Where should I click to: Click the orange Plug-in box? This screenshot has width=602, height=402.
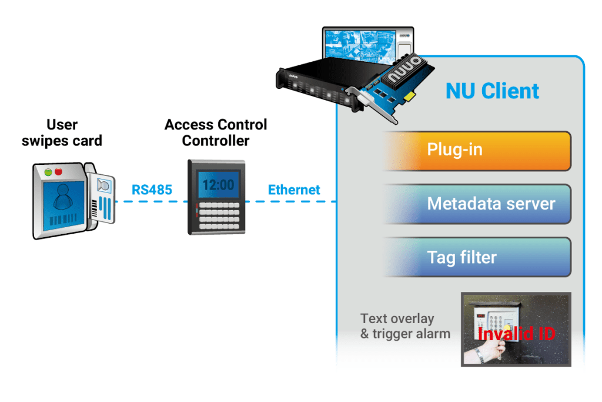pyautogui.click(x=476, y=151)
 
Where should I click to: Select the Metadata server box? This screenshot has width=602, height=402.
pyautogui.click(x=476, y=204)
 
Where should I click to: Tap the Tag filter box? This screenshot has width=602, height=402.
pyautogui.click(x=476, y=257)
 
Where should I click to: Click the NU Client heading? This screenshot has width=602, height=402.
pyautogui.click(x=492, y=91)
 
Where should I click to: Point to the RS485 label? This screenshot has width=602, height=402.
pyautogui.click(x=152, y=190)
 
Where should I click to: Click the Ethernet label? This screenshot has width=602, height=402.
pyautogui.click(x=294, y=190)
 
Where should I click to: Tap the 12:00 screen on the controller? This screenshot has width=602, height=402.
pyautogui.click(x=218, y=185)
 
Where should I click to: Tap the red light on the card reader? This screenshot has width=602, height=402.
pyautogui.click(x=59, y=172)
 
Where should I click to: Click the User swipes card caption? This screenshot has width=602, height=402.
pyautogui.click(x=61, y=132)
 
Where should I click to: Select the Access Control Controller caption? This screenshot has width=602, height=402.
pyautogui.click(x=216, y=132)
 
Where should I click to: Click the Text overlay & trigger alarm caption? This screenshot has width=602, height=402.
pyautogui.click(x=404, y=326)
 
